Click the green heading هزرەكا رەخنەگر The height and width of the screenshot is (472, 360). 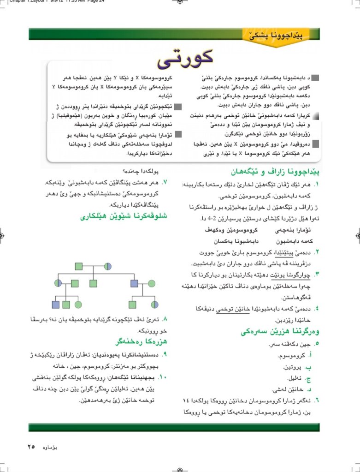point(140,341)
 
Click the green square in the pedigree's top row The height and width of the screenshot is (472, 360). point(79,266)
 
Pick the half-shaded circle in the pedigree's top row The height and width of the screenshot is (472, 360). point(108,266)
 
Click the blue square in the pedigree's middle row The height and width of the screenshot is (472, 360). point(134,283)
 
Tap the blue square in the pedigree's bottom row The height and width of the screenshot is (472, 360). point(56,305)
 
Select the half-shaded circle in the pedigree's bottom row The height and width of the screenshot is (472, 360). point(155,305)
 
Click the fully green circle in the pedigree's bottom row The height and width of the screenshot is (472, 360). point(78,305)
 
